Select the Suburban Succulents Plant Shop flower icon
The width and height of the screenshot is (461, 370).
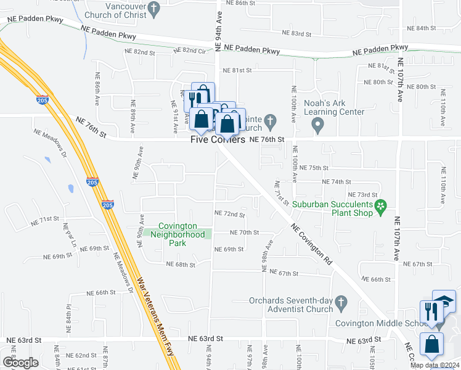click(381, 205)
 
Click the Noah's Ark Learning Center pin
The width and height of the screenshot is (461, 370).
click(318, 125)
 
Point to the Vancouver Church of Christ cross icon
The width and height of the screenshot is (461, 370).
click(155, 9)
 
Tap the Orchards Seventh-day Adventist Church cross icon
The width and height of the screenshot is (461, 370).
click(344, 301)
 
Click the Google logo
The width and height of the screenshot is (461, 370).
click(20, 363)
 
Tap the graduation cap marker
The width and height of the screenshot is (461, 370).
click(445, 301)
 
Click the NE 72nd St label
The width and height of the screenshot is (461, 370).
click(229, 214)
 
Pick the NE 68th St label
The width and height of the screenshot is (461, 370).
click(181, 265)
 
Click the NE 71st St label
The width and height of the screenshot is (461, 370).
click(44, 220)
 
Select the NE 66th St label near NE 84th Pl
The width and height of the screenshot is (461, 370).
click(101, 293)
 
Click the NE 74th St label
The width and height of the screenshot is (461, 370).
click(337, 182)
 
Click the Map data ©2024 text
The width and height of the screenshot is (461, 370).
click(434, 365)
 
